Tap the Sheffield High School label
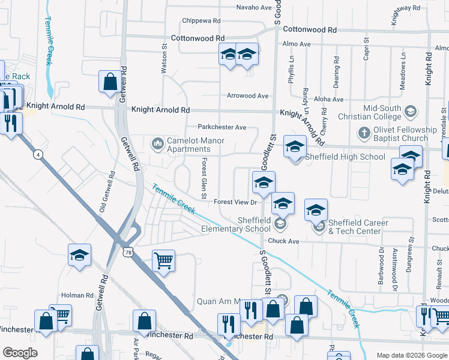[345, 157]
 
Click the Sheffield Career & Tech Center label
[358, 227]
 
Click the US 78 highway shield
[128, 252]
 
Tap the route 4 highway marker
[38, 155]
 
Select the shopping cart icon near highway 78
[163, 261]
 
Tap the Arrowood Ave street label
[247, 95]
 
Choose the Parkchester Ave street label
[222, 127]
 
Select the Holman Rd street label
[77, 295]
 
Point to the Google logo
[20, 353]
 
